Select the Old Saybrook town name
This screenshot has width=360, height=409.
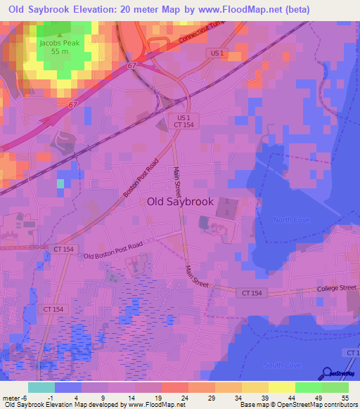[x=180, y=201]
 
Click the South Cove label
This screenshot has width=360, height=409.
[x=281, y=365]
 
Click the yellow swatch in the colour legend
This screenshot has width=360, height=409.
[x=282, y=387]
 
